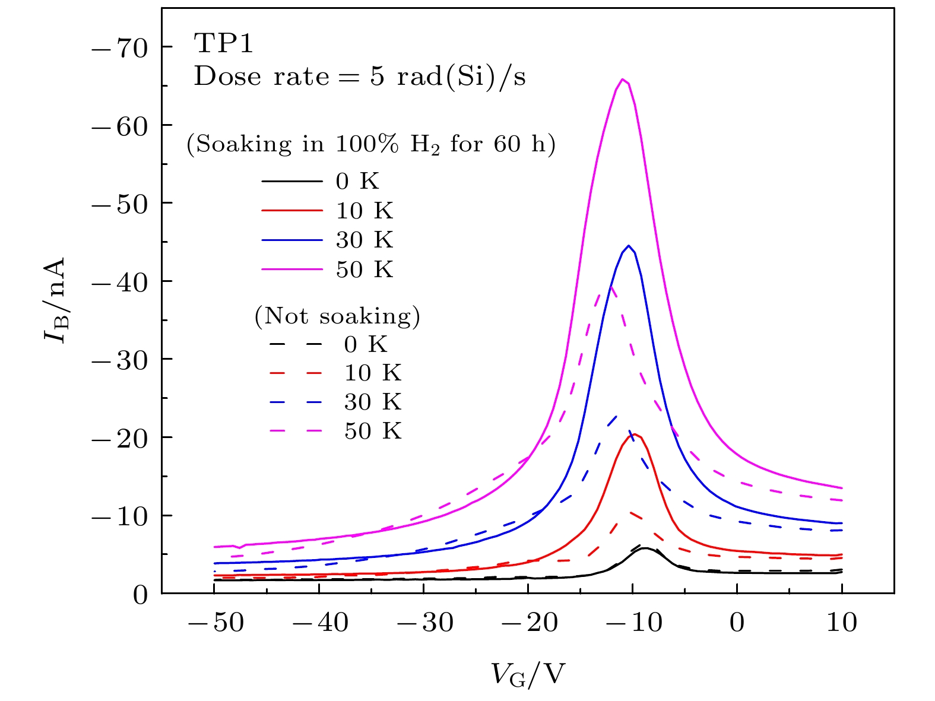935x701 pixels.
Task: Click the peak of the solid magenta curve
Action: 622,80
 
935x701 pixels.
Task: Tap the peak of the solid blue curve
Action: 628,246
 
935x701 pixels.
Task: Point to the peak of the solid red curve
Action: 634,434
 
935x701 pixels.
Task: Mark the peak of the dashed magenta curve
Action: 611,287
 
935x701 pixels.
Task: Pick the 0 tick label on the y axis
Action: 140,594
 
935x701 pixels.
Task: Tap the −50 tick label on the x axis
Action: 213,623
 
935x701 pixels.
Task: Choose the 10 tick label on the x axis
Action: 842,623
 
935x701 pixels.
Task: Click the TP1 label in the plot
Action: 224,44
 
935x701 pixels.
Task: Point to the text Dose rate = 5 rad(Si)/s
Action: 360,77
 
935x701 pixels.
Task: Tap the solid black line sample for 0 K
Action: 292,181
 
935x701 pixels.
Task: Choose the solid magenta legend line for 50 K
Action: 292,269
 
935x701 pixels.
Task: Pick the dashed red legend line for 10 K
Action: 296,373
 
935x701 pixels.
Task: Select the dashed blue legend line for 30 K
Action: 296,402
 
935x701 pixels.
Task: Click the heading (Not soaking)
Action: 337,316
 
